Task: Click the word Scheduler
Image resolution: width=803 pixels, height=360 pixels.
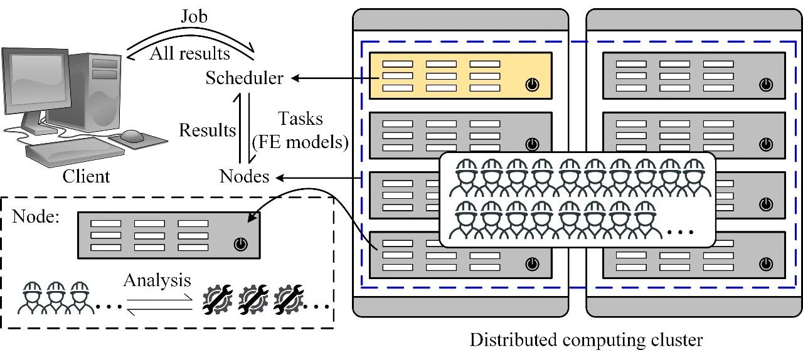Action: point(245,78)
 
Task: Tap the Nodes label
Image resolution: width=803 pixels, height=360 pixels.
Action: point(245,176)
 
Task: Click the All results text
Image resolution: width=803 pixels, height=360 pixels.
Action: point(189,53)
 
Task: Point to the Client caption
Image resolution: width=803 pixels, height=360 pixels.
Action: point(86,176)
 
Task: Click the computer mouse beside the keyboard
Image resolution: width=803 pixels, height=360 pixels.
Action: point(132,135)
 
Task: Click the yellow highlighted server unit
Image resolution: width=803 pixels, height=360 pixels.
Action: point(460,76)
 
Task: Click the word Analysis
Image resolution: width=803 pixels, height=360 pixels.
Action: point(157,280)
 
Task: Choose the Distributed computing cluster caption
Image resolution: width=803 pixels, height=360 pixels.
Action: point(587,341)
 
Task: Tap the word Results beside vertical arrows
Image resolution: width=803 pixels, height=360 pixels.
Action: point(208,130)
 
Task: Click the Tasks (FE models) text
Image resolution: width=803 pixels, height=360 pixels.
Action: point(299,131)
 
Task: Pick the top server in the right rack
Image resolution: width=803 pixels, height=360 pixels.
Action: point(693,75)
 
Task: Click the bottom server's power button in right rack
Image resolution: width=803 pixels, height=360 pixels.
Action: point(765,264)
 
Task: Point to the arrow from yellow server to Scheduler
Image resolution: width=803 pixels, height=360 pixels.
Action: point(329,78)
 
